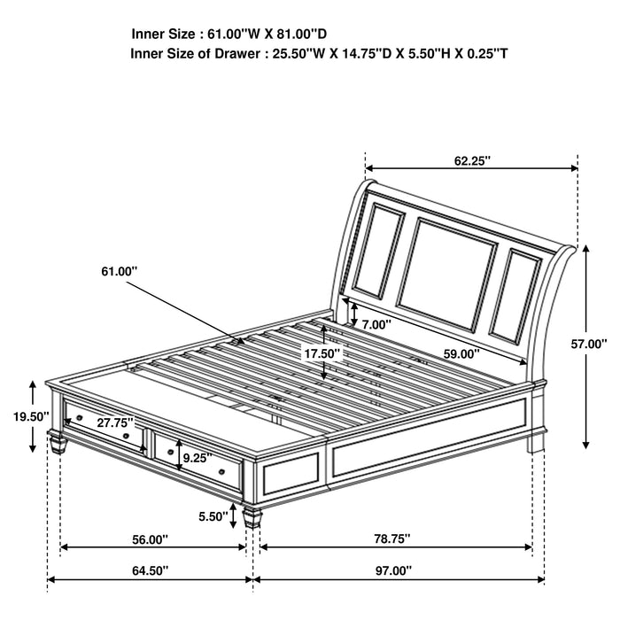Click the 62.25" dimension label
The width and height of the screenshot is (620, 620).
(x=472, y=160)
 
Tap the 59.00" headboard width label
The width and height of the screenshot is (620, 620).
(x=461, y=353)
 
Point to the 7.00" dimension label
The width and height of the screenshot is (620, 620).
(x=376, y=325)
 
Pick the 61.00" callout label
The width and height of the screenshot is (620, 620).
(x=120, y=271)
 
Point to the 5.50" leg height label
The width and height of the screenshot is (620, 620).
(x=212, y=516)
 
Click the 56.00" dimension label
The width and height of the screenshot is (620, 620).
(x=149, y=539)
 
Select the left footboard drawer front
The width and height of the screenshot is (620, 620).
(x=105, y=428)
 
